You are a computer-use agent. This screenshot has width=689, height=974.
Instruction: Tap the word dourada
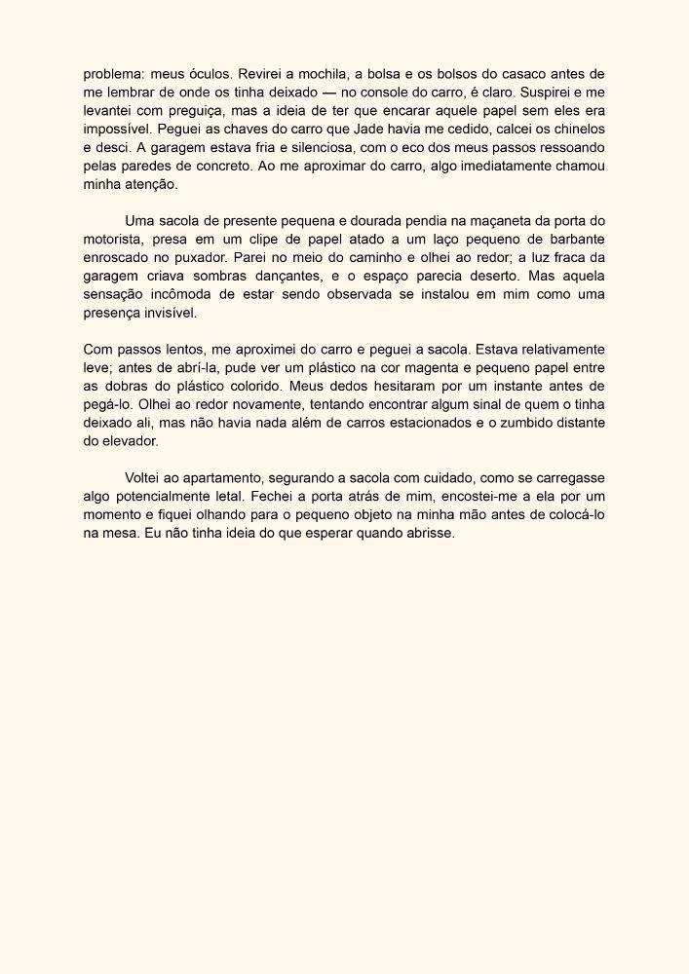[385, 222]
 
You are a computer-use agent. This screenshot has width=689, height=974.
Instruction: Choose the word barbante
[571, 241]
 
